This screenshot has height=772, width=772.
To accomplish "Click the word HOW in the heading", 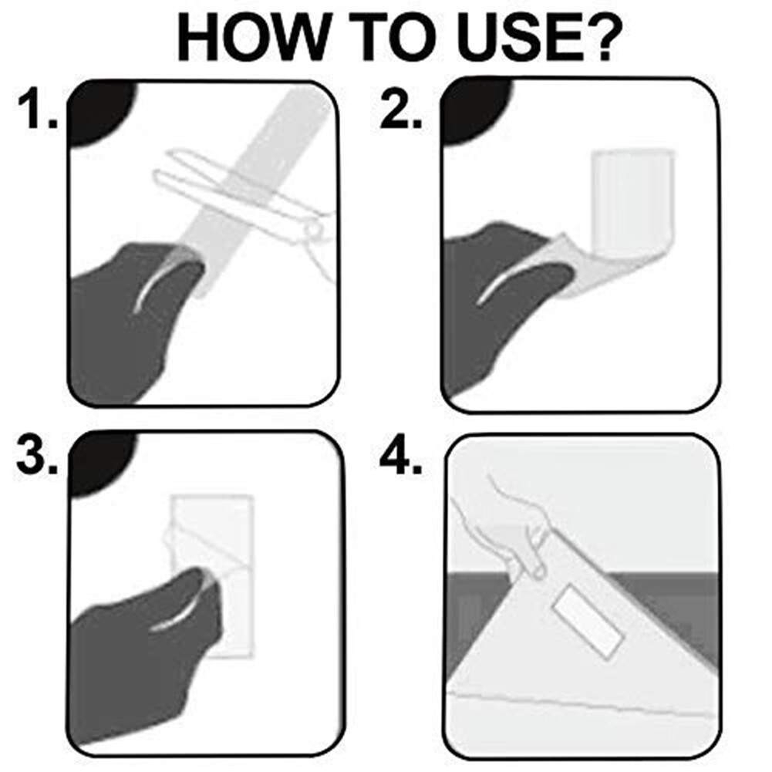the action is click(x=251, y=38).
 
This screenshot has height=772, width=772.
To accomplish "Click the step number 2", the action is click(x=401, y=110).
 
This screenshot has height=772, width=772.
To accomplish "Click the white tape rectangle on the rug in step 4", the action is click(x=589, y=622).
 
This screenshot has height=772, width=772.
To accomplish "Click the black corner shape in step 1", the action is click(x=101, y=114).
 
